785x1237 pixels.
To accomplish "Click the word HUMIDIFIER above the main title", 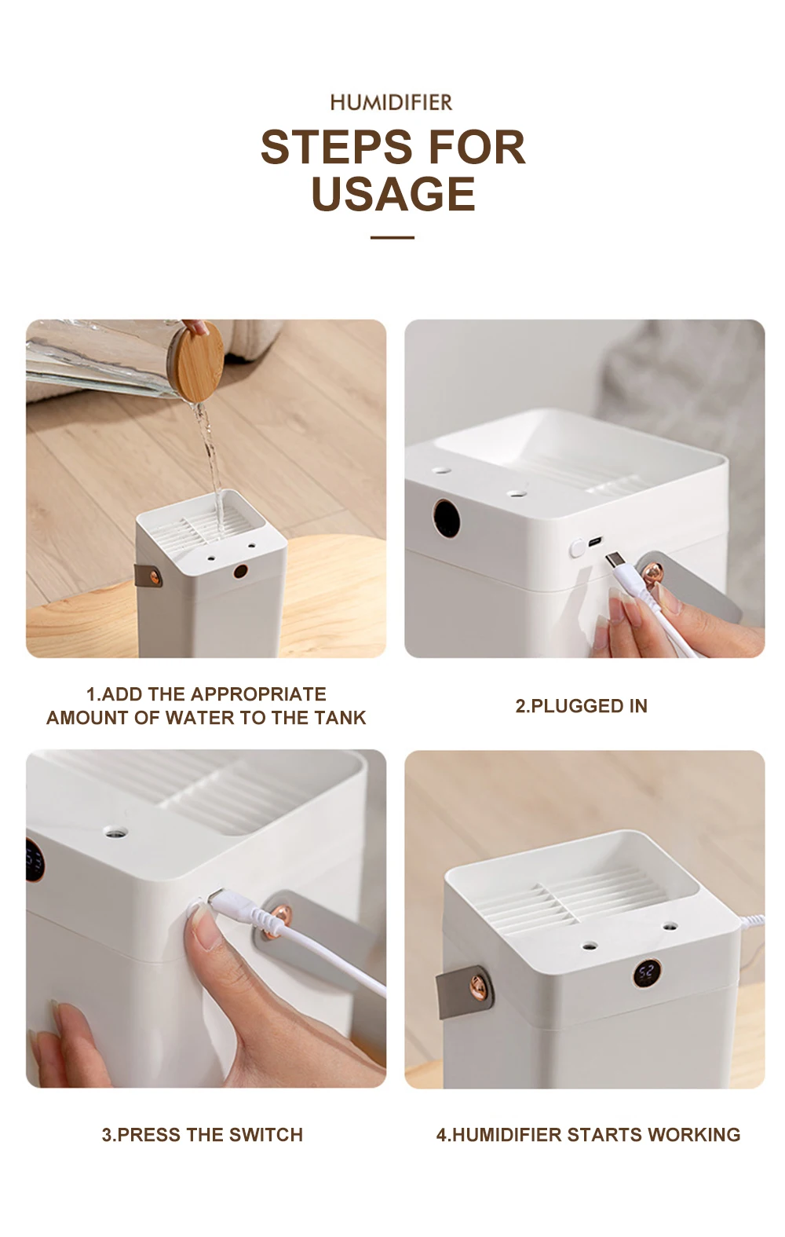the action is (x=392, y=102).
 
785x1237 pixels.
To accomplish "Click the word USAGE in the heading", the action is (x=393, y=194).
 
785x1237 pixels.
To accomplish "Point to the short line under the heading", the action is (x=392, y=237).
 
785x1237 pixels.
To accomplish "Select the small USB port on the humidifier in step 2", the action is (x=595, y=540).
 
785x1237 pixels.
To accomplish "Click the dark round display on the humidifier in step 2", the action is (x=447, y=518).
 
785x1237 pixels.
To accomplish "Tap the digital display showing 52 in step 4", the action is (x=646, y=974).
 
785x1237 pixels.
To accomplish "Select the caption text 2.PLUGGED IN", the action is (x=582, y=706).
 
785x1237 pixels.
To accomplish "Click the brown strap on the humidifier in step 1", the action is (x=148, y=575).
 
